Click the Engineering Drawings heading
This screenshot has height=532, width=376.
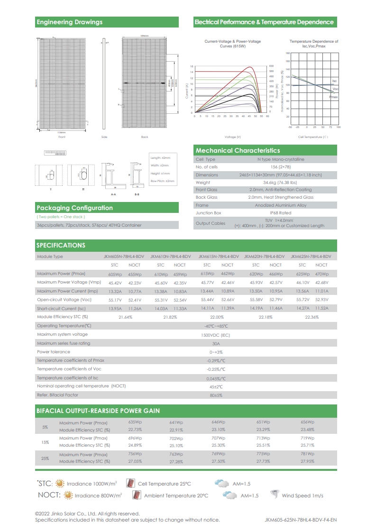pyautogui.click(x=69, y=22)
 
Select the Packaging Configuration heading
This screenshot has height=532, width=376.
pyautogui.click(x=74, y=208)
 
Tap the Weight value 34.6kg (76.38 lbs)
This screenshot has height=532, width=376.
pyautogui.click(x=280, y=182)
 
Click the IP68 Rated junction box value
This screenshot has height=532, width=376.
pyautogui.click(x=280, y=213)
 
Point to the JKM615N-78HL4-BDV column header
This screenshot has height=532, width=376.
pyautogui.click(x=218, y=256)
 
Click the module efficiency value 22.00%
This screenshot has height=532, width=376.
pyautogui.click(x=217, y=316)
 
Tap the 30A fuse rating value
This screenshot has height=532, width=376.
pyautogui.click(x=216, y=343)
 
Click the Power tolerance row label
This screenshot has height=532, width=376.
pyautogui.click(x=54, y=352)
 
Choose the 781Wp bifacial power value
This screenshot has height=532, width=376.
pyautogui.click(x=307, y=454)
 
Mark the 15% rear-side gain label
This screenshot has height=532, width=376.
pyautogui.click(x=46, y=442)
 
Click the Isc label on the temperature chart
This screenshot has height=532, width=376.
pyautogui.click(x=334, y=82)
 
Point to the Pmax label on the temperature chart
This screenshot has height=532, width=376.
pyautogui.click(x=333, y=97)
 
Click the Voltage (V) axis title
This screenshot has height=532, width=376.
pyautogui.click(x=233, y=137)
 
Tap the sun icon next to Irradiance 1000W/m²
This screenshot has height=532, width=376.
pyautogui.click(x=60, y=484)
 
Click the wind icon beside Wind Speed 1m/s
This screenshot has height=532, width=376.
pyautogui.click(x=274, y=495)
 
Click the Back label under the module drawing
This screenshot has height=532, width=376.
pyautogui.click(x=145, y=137)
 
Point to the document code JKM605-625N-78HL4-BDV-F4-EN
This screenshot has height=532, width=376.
pyautogui.click(x=301, y=520)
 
